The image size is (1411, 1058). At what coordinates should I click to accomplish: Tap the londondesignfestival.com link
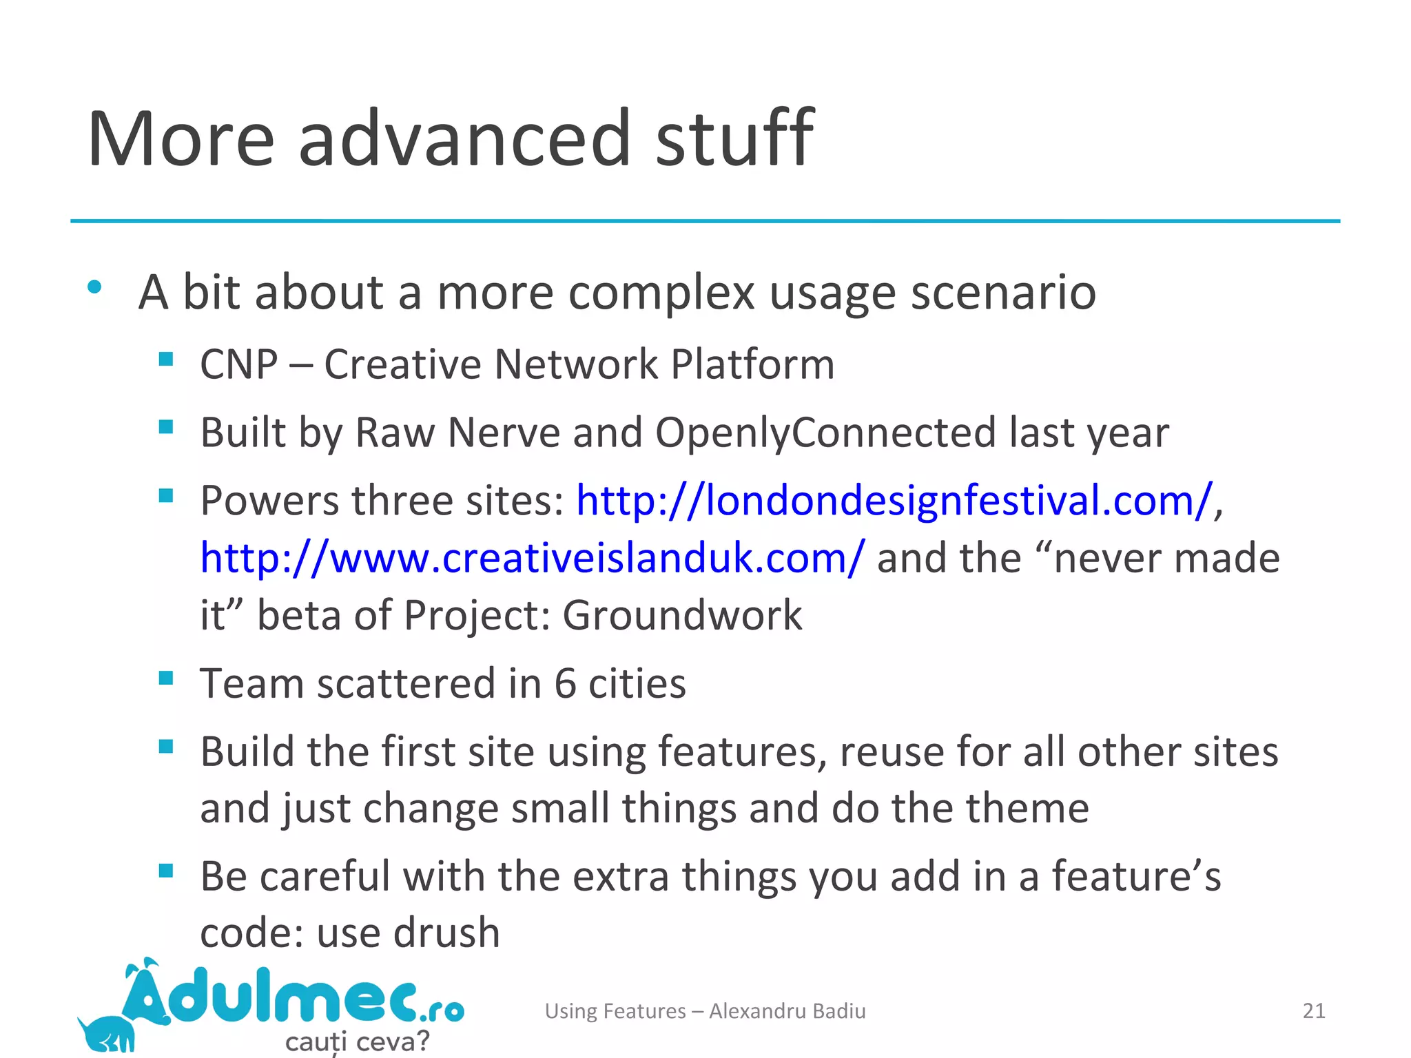pos(894,500)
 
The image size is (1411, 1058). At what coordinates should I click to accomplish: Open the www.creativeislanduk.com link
pos(531,558)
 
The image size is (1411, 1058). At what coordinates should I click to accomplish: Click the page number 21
pos(1314,1010)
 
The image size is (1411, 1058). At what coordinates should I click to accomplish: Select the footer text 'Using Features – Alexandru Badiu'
pos(705,1010)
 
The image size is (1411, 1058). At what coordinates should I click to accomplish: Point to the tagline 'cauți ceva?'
pos(357,1041)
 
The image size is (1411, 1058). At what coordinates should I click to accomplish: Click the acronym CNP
pos(238,364)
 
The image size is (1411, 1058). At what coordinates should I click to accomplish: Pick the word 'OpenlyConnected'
pos(825,433)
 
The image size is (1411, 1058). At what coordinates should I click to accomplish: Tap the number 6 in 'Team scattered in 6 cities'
pos(565,683)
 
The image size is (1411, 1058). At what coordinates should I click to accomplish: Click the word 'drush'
pos(446,933)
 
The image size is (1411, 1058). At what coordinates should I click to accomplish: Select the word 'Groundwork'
pos(682,615)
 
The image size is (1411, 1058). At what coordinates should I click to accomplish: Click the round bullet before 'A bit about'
pos(95,287)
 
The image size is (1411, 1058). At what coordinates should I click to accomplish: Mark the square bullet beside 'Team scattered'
pos(166,678)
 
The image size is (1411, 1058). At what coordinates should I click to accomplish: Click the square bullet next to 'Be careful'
pos(166,871)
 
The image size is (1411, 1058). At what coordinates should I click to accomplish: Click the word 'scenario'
pos(1003,292)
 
